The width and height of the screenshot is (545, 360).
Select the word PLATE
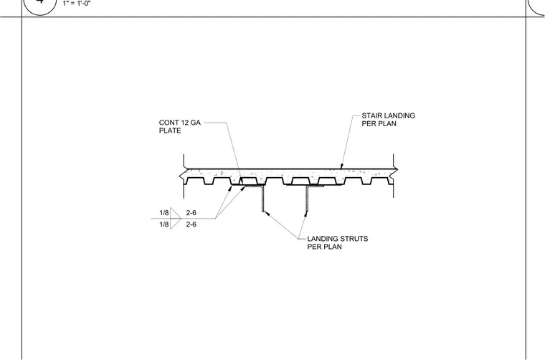pyautogui.click(x=170, y=131)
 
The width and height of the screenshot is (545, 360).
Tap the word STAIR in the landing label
pyautogui.click(x=371, y=115)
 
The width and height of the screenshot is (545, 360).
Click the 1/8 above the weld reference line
pyautogui.click(x=164, y=213)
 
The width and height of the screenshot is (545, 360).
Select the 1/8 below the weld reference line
pyautogui.click(x=164, y=224)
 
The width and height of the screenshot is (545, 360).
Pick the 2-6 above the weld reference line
pyautogui.click(x=191, y=213)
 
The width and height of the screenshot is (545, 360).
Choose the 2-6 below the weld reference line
pyautogui.click(x=191, y=224)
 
